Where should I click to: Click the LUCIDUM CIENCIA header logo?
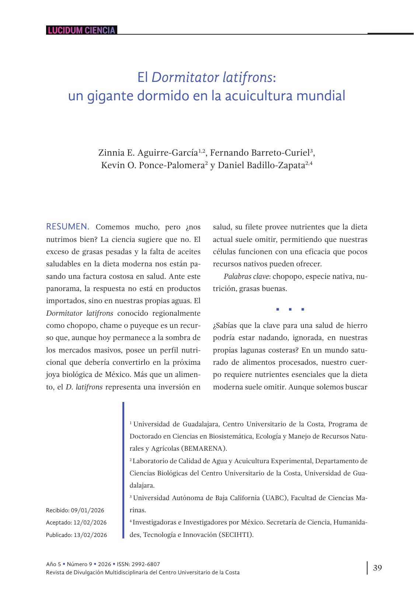(x=81, y=30)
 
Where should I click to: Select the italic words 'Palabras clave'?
(x=246, y=276)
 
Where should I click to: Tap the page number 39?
(x=378, y=568)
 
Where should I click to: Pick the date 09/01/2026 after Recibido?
(x=87, y=510)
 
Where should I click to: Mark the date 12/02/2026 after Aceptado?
(x=90, y=523)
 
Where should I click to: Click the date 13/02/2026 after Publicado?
(x=90, y=535)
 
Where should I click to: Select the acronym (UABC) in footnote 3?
(x=275, y=498)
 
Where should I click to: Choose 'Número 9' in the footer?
(x=80, y=564)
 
